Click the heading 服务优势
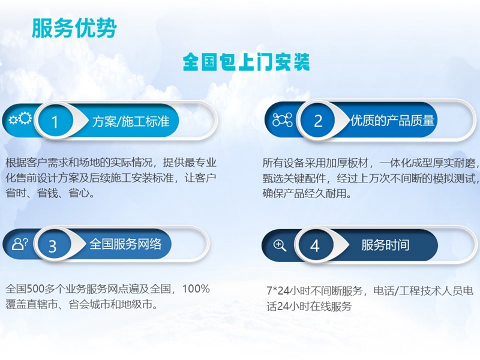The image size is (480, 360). click(x=74, y=28)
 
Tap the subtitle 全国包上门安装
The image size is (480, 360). click(x=246, y=62)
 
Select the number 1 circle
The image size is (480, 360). click(x=55, y=122)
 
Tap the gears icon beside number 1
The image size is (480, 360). click(x=20, y=119)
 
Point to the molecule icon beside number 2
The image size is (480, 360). click(x=282, y=120)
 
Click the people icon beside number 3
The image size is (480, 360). click(x=20, y=244)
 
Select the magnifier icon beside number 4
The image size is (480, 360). click(x=280, y=245)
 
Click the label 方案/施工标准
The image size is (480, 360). click(x=131, y=121)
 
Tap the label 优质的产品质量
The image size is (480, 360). click(x=393, y=121)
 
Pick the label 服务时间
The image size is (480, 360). click(x=385, y=245)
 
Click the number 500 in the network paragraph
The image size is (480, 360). click(x=35, y=289)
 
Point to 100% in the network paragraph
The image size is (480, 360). click(x=196, y=289)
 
